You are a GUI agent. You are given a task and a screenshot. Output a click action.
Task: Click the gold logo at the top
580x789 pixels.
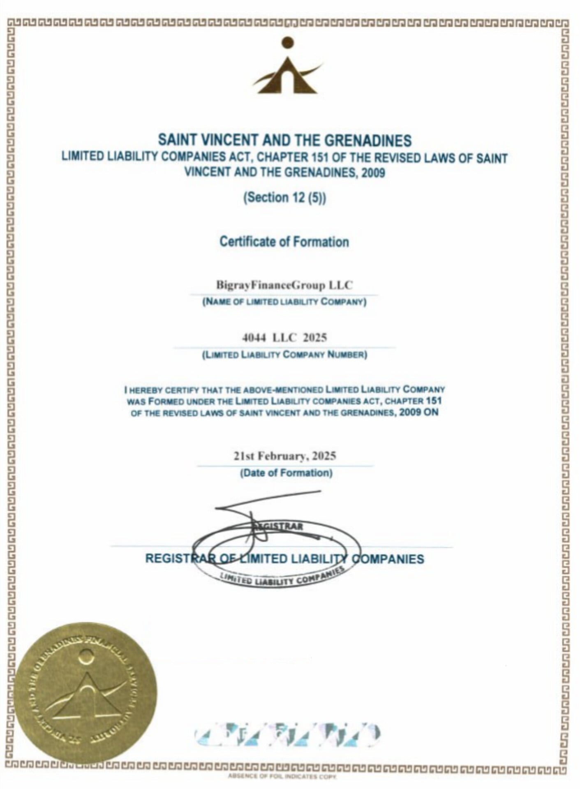click(x=287, y=68)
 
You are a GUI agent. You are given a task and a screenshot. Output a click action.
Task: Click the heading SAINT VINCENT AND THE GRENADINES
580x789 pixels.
click(x=285, y=141)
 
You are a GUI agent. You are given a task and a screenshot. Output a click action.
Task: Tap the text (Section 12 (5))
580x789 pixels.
click(x=284, y=198)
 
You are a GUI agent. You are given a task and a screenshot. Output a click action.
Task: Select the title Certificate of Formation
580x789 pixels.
click(x=284, y=242)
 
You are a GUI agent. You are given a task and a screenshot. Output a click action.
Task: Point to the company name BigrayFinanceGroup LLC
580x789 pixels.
click(x=284, y=285)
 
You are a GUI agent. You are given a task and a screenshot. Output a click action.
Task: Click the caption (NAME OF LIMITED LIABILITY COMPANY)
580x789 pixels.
click(x=284, y=302)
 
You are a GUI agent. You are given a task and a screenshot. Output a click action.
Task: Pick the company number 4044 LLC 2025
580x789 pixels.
click(x=284, y=338)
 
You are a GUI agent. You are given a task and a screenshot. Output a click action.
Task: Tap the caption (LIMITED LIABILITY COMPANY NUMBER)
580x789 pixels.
click(x=284, y=355)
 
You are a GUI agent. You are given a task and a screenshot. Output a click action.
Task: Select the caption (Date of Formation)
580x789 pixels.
click(x=286, y=473)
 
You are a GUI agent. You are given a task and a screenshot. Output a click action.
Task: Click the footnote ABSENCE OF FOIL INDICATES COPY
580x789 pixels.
click(x=282, y=777)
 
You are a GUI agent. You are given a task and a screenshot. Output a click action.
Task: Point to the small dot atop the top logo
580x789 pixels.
click(x=288, y=42)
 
